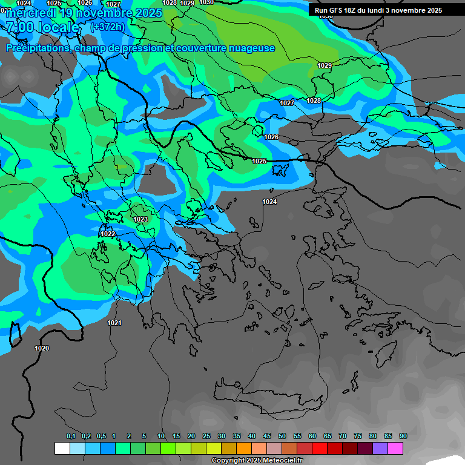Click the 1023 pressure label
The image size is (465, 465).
(x=140, y=219)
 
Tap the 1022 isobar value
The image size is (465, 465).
(x=108, y=234)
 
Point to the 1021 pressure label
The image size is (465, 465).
(x=114, y=323)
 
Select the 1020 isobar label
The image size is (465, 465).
(x=42, y=348)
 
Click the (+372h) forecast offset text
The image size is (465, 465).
(x=107, y=27)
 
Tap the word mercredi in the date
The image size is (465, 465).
(x=31, y=13)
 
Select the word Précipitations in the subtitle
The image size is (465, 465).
(x=37, y=48)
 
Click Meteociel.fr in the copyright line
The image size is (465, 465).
(x=283, y=461)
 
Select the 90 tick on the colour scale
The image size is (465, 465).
(x=403, y=436)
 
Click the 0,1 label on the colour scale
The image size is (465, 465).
(x=70, y=436)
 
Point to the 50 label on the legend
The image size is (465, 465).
(x=282, y=436)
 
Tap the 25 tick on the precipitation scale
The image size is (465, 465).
(x=206, y=436)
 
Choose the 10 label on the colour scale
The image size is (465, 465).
(x=160, y=436)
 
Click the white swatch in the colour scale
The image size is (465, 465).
(x=62, y=448)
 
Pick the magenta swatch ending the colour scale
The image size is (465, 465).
(x=395, y=448)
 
